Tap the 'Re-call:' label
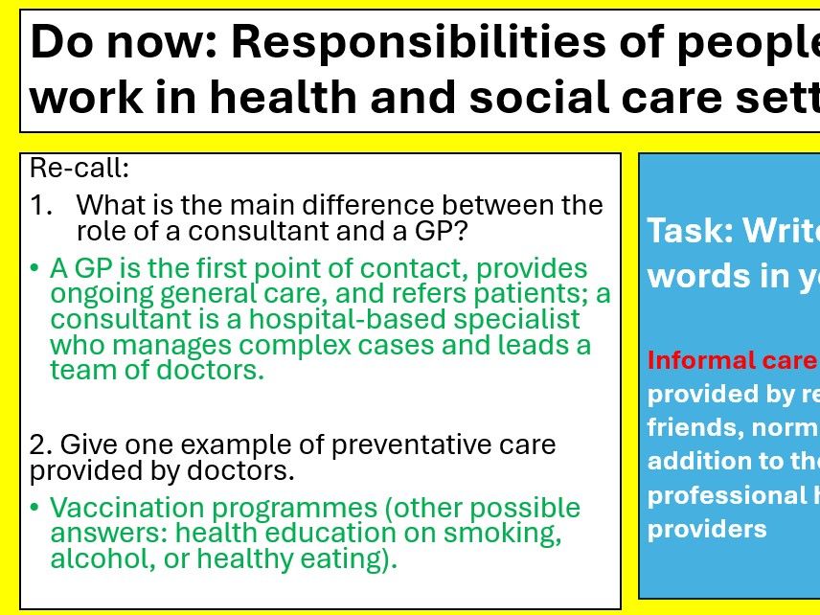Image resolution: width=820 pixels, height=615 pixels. pos(80,169)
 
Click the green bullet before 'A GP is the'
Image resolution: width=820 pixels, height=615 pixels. pos(35,268)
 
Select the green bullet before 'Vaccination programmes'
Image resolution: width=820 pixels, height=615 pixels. pos(35,508)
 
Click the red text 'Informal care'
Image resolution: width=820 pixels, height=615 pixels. pos(732,360)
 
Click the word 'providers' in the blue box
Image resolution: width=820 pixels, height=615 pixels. pos(707,529)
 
